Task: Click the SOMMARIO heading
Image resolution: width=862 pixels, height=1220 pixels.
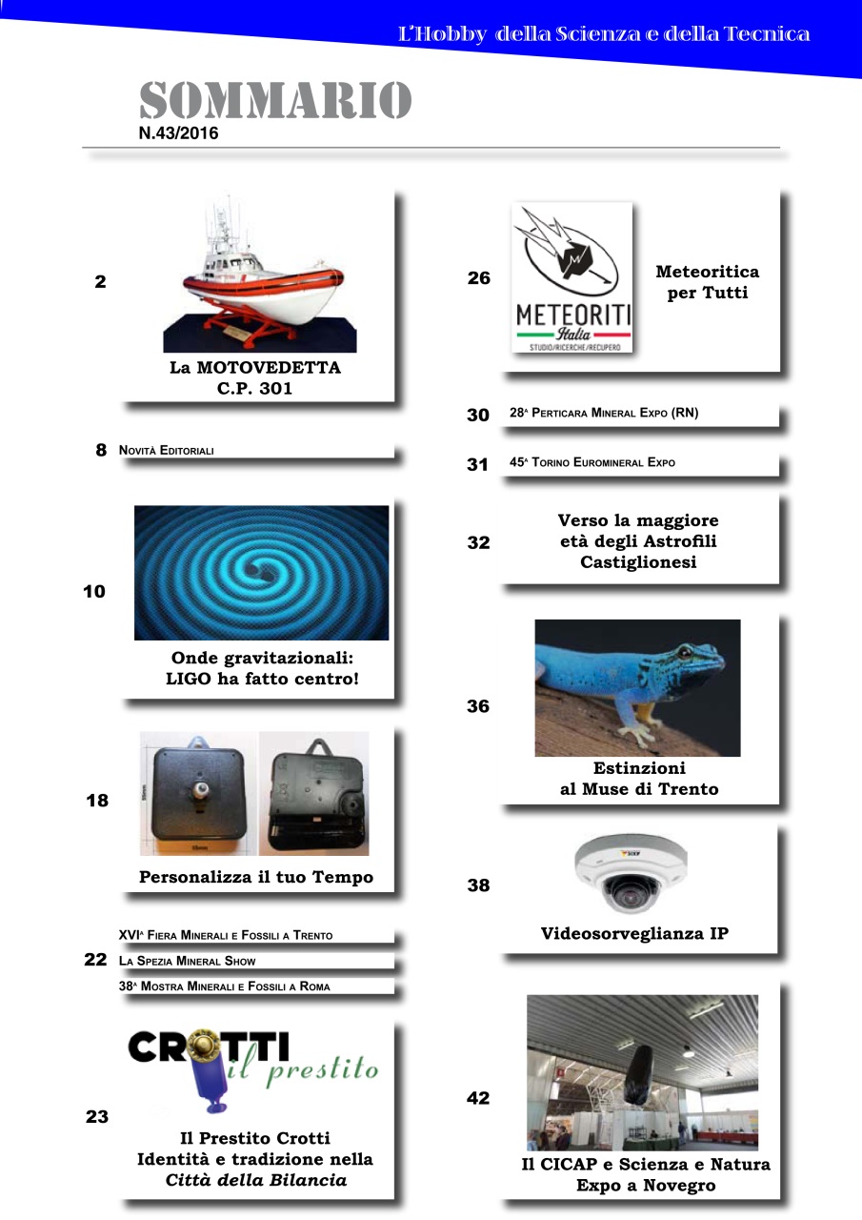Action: click(x=275, y=101)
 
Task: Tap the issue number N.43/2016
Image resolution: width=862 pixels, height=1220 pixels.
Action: click(x=178, y=133)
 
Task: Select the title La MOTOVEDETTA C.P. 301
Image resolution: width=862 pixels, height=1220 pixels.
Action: click(x=255, y=377)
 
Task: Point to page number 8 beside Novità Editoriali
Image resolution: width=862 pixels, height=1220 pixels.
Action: click(x=100, y=451)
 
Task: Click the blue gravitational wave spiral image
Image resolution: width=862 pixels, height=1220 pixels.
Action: click(x=261, y=572)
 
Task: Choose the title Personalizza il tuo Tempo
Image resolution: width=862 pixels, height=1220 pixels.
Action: click(x=256, y=877)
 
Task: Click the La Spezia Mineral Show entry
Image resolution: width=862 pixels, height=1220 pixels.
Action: click(x=188, y=961)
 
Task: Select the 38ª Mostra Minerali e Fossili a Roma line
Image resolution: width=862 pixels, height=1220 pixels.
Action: click(x=224, y=986)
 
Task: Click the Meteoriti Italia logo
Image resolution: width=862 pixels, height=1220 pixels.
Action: click(x=572, y=277)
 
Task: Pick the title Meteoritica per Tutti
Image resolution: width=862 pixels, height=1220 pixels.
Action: click(x=707, y=282)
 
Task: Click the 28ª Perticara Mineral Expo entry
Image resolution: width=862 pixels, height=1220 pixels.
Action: click(x=603, y=414)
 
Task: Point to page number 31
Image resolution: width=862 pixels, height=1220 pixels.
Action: click(x=477, y=464)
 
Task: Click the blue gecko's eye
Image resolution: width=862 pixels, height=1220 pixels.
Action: click(x=683, y=652)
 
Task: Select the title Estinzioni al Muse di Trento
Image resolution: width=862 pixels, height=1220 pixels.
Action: click(x=638, y=779)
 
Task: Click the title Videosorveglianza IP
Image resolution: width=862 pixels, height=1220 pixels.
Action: click(x=634, y=934)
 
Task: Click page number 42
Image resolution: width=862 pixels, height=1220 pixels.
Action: click(x=478, y=1098)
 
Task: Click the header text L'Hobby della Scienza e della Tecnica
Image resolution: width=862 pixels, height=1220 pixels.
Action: click(x=604, y=35)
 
